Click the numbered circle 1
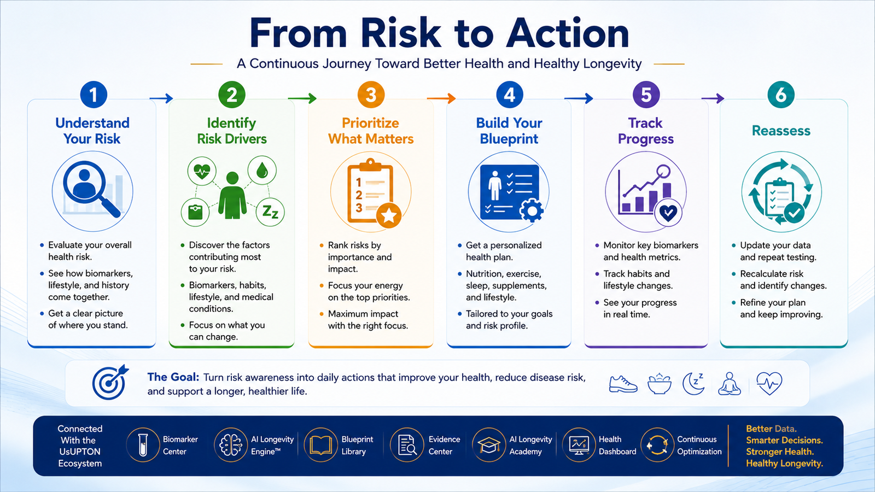point(94,95)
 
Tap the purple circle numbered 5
point(646,95)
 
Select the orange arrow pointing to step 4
point(441,98)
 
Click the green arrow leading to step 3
point(302,98)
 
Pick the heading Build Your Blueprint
point(509,131)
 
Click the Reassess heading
point(781,131)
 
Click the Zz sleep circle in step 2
point(270,212)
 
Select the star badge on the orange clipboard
point(389,215)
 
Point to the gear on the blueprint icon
point(532,210)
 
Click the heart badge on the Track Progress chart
point(668,213)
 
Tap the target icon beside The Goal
point(110,382)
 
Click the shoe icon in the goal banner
point(623,384)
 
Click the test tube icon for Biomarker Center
point(143,445)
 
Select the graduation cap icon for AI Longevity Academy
point(489,445)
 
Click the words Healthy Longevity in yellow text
point(784,464)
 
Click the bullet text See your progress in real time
point(640,308)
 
